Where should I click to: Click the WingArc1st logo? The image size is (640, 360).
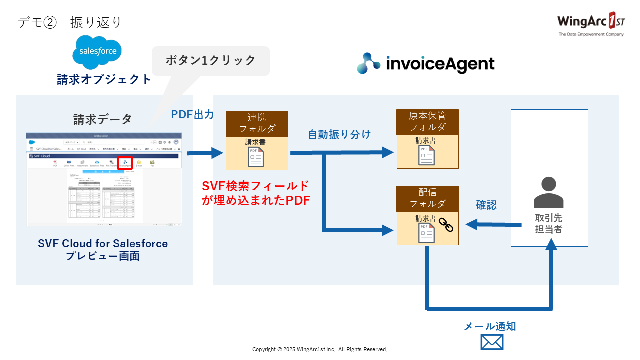click(591, 24)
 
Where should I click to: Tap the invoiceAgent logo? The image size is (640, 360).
click(426, 63)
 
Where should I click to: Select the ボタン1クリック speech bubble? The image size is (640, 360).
click(210, 61)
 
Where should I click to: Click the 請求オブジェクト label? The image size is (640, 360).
click(104, 79)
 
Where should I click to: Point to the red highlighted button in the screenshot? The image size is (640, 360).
click(125, 162)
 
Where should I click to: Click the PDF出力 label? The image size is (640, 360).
click(192, 114)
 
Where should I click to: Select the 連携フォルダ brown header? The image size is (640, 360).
click(257, 123)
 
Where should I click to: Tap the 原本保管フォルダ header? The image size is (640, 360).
click(427, 122)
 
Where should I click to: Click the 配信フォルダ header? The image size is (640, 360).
click(427, 198)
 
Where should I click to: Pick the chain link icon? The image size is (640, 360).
click(446, 226)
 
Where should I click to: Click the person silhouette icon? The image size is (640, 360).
click(549, 192)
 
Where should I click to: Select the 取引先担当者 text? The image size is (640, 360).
click(549, 224)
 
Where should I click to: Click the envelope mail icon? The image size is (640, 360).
click(492, 342)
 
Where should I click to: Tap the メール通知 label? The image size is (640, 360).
click(490, 326)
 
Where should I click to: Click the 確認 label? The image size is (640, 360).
click(486, 205)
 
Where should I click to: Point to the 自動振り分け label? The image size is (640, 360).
click(339, 134)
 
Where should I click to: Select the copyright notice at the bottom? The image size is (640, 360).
click(320, 349)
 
